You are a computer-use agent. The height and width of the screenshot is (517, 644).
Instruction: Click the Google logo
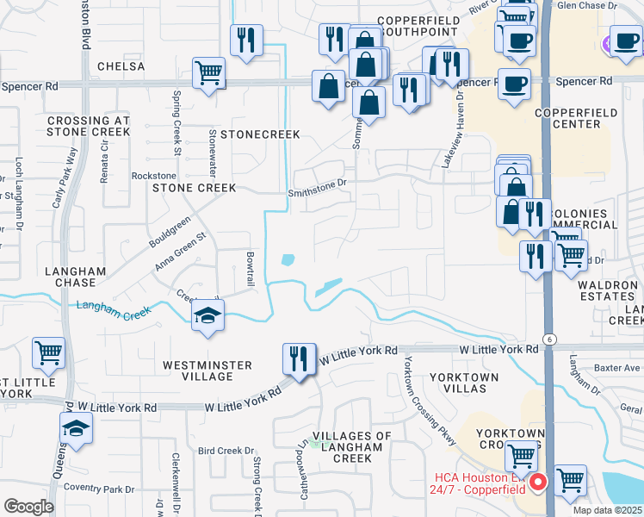[x=28, y=506]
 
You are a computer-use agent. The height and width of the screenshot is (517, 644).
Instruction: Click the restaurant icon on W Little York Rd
[x=298, y=357]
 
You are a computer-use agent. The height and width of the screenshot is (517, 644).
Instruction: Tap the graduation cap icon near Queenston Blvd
[x=76, y=427]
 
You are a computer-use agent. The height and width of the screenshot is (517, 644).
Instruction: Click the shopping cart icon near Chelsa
[x=208, y=73]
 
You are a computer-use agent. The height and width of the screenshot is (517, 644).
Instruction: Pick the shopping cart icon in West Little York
[x=48, y=352]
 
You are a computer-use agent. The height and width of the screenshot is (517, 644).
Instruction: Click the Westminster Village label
[x=207, y=365]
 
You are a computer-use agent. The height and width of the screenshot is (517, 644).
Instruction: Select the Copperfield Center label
[x=567, y=118]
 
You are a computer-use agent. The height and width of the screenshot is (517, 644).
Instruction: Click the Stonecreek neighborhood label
[x=260, y=134]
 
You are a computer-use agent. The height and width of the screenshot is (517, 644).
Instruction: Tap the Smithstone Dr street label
[x=317, y=183]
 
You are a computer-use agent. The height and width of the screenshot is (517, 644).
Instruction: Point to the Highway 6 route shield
[x=548, y=339]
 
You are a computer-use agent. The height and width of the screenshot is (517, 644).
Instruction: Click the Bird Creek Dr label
[x=226, y=451]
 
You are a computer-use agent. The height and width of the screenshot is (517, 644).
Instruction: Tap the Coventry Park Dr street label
[x=103, y=489]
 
